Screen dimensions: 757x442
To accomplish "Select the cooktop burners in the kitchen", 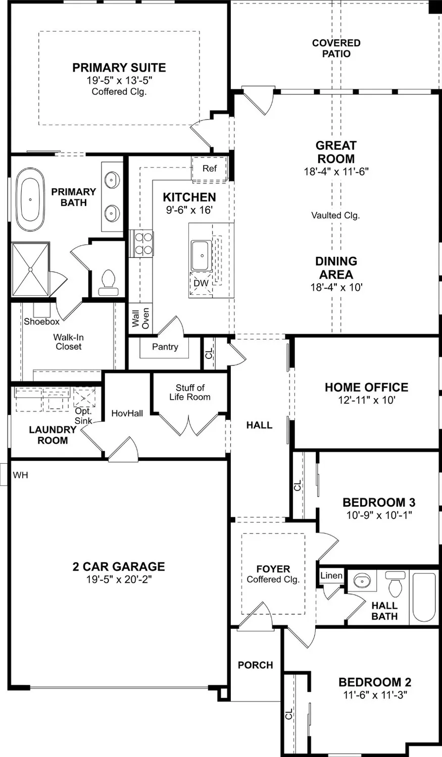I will pyautogui.click(x=141, y=243).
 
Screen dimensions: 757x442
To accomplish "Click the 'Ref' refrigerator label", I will pyautogui.click(x=210, y=169).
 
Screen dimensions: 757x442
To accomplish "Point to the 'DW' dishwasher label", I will pyautogui.click(x=201, y=283).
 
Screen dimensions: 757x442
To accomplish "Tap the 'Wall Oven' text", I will pyautogui.click(x=140, y=318).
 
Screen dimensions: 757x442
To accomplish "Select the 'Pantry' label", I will pyautogui.click(x=165, y=347).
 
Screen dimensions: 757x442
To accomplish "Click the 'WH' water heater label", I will pyautogui.click(x=20, y=475).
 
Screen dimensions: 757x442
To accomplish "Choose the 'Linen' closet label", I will pyautogui.click(x=331, y=575).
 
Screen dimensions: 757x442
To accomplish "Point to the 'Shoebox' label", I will pyautogui.click(x=41, y=321).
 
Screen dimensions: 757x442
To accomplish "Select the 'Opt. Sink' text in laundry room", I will pyautogui.click(x=83, y=416).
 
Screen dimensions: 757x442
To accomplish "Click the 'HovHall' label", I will pyautogui.click(x=127, y=413).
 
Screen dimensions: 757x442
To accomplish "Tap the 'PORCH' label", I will pyautogui.click(x=255, y=665).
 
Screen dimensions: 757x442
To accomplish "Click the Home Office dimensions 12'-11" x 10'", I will pyautogui.click(x=367, y=400).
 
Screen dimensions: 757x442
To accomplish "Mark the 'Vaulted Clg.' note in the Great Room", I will pyautogui.click(x=335, y=215).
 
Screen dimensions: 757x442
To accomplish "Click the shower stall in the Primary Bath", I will pyautogui.click(x=31, y=269).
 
